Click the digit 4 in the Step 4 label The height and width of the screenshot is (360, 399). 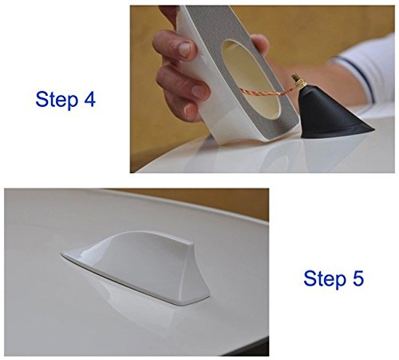click(89, 99)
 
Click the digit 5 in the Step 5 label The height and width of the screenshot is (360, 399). click(358, 279)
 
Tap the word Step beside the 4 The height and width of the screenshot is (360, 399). click(57, 100)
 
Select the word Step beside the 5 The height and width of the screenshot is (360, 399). click(325, 279)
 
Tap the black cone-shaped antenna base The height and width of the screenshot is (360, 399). click(333, 114)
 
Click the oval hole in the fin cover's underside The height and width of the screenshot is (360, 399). click(251, 79)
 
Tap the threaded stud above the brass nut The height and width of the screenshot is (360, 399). click(295, 78)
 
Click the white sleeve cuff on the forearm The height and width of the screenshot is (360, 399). click(367, 69)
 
